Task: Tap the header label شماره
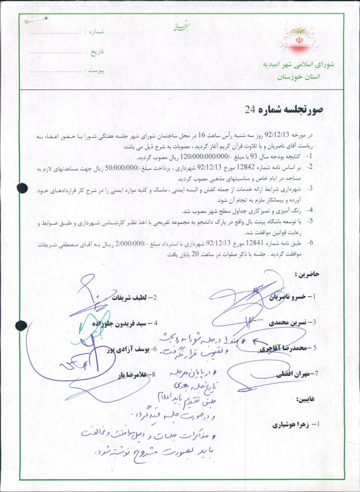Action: (x=94, y=31)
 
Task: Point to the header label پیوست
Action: (x=94, y=70)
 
